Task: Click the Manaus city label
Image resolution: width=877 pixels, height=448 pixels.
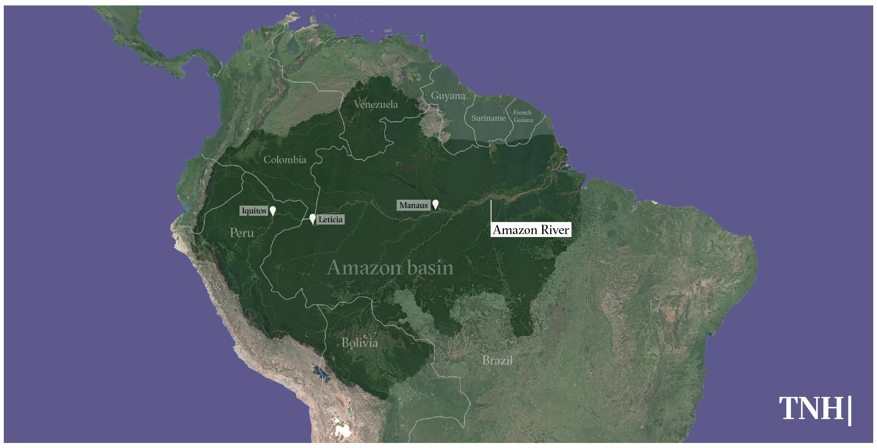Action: pyautogui.click(x=413, y=205)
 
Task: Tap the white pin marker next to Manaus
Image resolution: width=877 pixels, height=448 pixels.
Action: pyautogui.click(x=436, y=204)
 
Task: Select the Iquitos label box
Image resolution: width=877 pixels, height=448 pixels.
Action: pyautogui.click(x=253, y=211)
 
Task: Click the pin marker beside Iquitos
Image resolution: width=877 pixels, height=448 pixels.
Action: pyautogui.click(x=273, y=211)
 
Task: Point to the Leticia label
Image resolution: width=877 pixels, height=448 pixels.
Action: pyautogui.click(x=330, y=219)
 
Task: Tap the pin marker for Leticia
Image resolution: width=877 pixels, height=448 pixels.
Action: pyautogui.click(x=312, y=219)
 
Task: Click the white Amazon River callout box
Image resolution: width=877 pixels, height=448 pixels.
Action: pyautogui.click(x=531, y=230)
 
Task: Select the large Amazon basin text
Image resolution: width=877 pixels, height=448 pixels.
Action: pyautogui.click(x=390, y=268)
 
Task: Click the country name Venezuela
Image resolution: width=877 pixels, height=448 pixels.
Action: pyautogui.click(x=376, y=104)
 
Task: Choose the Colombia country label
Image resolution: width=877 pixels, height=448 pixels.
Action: pyautogui.click(x=285, y=160)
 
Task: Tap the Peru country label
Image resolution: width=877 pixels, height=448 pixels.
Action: pyautogui.click(x=242, y=233)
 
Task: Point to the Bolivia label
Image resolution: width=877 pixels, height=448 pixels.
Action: pyautogui.click(x=360, y=343)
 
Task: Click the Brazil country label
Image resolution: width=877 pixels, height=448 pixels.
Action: pyautogui.click(x=497, y=360)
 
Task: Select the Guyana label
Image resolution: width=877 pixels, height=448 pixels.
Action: pyautogui.click(x=448, y=96)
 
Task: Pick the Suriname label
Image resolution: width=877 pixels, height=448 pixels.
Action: pyautogui.click(x=488, y=118)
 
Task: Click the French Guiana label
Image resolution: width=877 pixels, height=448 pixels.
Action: pyautogui.click(x=523, y=116)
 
